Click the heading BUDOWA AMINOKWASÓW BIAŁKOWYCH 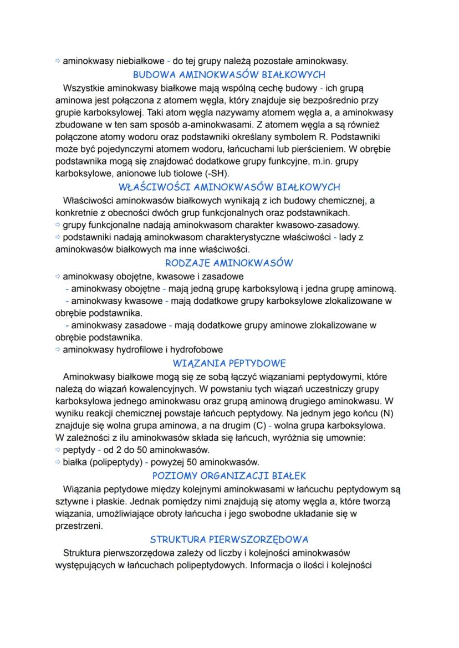[x=229, y=74]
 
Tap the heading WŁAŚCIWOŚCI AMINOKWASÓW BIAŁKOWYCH [x=229, y=187]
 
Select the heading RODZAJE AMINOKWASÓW [x=229, y=263]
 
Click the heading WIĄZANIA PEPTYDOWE [x=229, y=364]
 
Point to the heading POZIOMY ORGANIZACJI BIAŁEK [x=229, y=476]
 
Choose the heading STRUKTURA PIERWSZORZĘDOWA [x=229, y=539]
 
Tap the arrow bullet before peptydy [x=58, y=450]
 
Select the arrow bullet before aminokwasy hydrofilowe [x=58, y=350]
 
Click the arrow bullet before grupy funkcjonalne [x=58, y=225]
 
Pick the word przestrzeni [x=79, y=525]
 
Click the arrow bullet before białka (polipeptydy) [x=58, y=462]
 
